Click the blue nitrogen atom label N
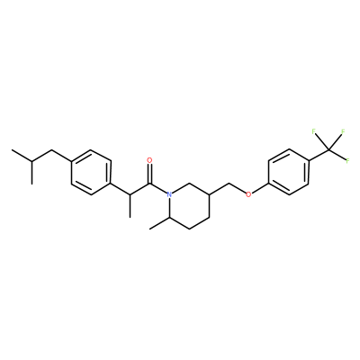tap(169, 194)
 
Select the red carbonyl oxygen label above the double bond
tap(149, 159)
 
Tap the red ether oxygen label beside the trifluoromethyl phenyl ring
tap(248, 194)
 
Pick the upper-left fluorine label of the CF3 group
tap(314, 131)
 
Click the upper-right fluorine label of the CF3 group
tap(343, 131)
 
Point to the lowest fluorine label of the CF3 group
tap(347, 160)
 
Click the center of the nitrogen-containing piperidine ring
tap(189, 206)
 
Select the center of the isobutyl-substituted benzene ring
tap(91, 172)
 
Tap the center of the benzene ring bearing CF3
tap(289, 172)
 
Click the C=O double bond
tap(149, 174)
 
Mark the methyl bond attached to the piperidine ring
tap(159, 223)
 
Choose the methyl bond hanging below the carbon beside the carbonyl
tap(130, 206)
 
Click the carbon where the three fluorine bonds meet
tap(328, 149)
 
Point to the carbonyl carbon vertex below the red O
tap(149, 184)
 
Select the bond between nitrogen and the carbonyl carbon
tap(158, 188)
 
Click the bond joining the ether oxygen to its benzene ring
tap(261, 189)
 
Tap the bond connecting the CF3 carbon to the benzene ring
tap(319, 155)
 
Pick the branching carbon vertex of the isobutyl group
tap(31, 161)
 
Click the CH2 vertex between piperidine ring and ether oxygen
tap(229, 184)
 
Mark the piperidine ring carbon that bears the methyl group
tap(170, 218)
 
